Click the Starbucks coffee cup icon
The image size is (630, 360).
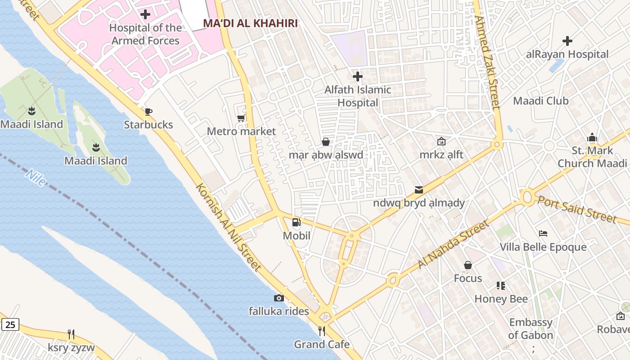click(x=148, y=112)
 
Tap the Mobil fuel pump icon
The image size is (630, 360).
click(x=297, y=222)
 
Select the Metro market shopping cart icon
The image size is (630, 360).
click(x=241, y=118)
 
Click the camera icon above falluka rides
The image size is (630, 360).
click(x=279, y=298)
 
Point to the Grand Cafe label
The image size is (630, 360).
click(x=322, y=345)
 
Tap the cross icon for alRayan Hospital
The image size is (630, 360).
click(x=567, y=41)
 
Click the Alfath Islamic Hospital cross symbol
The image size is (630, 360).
click(x=358, y=76)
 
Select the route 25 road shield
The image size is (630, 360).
click(x=10, y=324)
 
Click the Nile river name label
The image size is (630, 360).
click(x=36, y=178)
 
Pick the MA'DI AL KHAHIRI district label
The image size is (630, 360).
click(x=250, y=23)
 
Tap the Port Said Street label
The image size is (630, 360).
click(x=577, y=209)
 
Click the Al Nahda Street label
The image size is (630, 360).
click(x=453, y=245)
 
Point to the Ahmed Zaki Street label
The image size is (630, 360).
click(x=487, y=63)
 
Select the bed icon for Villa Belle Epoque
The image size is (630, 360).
click(x=543, y=234)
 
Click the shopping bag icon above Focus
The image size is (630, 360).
click(x=468, y=265)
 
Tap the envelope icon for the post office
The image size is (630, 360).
click(x=419, y=190)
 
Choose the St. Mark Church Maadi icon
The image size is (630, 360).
click(x=592, y=138)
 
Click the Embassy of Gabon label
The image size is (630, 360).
click(x=531, y=329)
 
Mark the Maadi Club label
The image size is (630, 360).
click(x=541, y=101)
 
